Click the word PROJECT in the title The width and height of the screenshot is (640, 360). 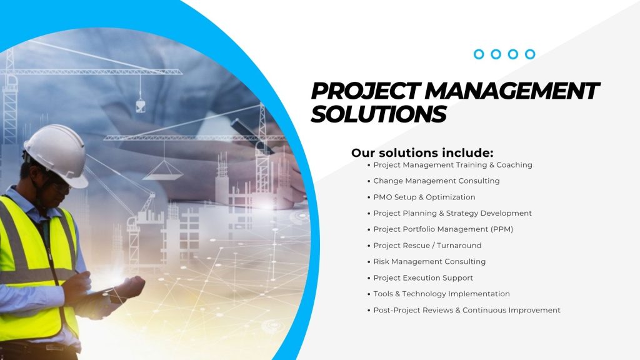[366, 91]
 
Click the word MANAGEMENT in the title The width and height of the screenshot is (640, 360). [512, 91]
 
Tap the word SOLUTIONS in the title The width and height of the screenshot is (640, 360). [379, 114]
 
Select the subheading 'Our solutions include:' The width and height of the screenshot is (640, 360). [422, 152]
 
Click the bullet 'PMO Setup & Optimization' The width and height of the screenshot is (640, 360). [424, 197]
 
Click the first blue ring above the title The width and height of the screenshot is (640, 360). [479, 54]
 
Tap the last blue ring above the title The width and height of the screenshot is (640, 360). [530, 54]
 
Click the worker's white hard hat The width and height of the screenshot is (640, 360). [57, 155]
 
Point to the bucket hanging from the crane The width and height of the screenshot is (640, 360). [141, 106]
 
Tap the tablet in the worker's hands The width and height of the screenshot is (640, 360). [102, 291]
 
